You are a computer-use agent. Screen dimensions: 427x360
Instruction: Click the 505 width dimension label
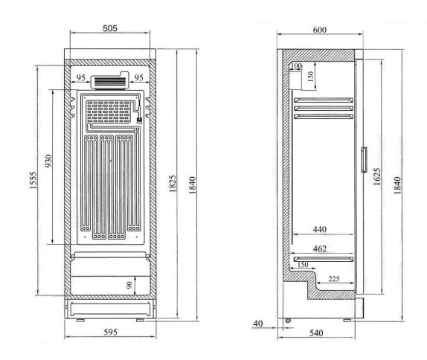pyautogui.click(x=110, y=28)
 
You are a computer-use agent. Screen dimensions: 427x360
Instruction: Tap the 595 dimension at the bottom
pyautogui.click(x=111, y=332)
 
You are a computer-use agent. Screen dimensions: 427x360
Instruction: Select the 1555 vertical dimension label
pyautogui.click(x=33, y=180)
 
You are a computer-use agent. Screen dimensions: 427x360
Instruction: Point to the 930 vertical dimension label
pyautogui.click(x=48, y=161)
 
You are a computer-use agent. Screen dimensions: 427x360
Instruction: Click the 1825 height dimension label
pyautogui.click(x=173, y=184)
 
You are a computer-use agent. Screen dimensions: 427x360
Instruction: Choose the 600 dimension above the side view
pyautogui.click(x=319, y=30)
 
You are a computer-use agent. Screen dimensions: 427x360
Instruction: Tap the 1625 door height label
pyautogui.click(x=377, y=177)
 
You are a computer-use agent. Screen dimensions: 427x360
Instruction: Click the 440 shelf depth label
pyautogui.click(x=319, y=229)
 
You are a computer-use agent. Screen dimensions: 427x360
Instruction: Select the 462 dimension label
pyautogui.click(x=320, y=248)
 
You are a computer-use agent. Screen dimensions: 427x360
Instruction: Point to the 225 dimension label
pyautogui.click(x=334, y=279)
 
